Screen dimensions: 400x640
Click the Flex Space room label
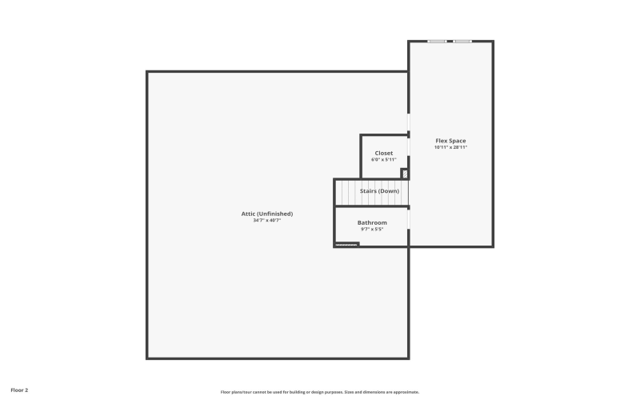(x=450, y=141)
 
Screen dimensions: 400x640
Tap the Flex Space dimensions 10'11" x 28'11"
(x=450, y=147)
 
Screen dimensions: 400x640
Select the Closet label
(x=384, y=153)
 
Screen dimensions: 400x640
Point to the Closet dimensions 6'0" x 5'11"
(x=384, y=159)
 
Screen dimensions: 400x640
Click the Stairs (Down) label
(x=379, y=191)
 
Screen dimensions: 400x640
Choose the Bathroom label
(x=372, y=222)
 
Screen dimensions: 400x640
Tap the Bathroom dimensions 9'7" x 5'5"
(x=372, y=229)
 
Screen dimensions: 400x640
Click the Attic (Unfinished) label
(x=267, y=214)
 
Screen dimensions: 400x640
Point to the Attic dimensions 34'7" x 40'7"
(x=267, y=220)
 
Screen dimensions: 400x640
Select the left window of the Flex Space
(x=436, y=42)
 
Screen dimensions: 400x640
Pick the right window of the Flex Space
(x=462, y=42)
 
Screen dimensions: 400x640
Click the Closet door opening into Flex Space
(x=409, y=146)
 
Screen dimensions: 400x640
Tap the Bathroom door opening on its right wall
(x=409, y=218)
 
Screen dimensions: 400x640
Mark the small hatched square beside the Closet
(x=405, y=174)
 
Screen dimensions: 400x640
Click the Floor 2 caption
(x=19, y=390)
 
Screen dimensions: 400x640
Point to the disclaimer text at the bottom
(x=320, y=392)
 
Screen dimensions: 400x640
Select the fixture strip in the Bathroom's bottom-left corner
(x=346, y=244)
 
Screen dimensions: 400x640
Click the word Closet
(x=384, y=153)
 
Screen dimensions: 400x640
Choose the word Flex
(x=441, y=141)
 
